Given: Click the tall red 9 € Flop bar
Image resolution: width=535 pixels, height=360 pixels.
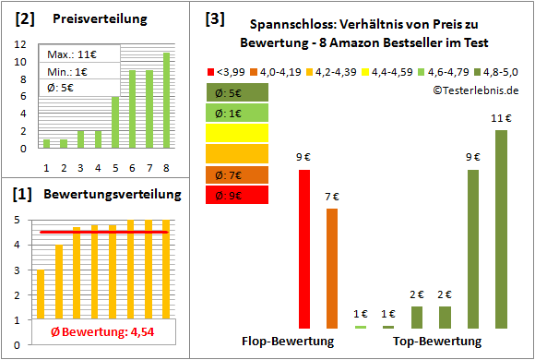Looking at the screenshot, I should coord(303,249).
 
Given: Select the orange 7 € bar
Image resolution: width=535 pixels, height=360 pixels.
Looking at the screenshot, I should coord(332,268).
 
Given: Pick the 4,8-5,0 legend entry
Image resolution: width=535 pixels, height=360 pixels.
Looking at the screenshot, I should coord(499,71).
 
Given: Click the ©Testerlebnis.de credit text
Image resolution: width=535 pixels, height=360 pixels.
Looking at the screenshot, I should coord(475,90).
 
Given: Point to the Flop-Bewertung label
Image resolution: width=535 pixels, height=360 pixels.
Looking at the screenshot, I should coord(288,341).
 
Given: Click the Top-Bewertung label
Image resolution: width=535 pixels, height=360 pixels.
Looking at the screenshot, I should coord(437,341).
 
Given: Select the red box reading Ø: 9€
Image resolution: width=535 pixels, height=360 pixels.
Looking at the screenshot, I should coord(238,195).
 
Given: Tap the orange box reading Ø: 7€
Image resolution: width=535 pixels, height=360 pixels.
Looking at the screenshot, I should coord(238,174).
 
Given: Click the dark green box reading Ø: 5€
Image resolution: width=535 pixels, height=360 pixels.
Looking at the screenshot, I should coord(238,92).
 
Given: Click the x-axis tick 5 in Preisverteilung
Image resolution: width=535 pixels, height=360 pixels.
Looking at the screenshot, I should coord(115,169).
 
